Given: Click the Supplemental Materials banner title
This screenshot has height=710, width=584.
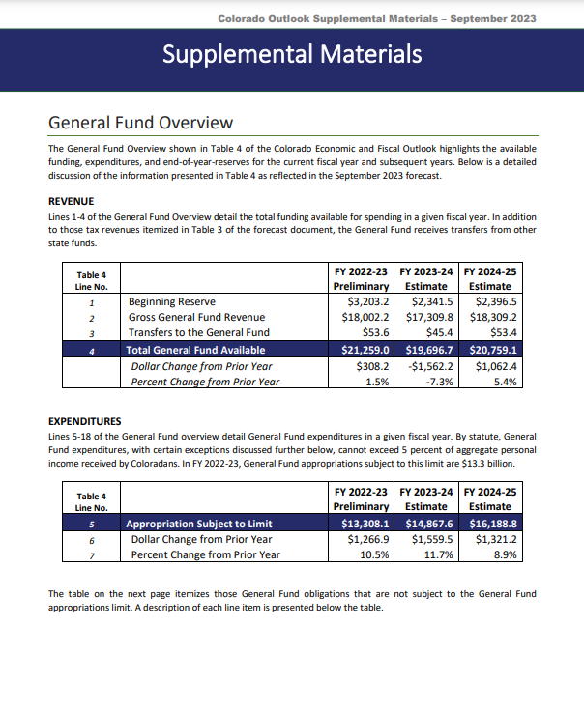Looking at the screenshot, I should click(292, 53).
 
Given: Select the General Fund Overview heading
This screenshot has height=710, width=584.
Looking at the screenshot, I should click(140, 123).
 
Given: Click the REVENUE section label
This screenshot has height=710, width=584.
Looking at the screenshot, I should click(71, 202).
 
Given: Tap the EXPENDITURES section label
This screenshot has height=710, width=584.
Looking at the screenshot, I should click(84, 421).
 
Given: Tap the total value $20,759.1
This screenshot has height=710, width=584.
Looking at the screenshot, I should click(491, 350).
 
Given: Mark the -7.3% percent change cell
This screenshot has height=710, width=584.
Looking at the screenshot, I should click(438, 382).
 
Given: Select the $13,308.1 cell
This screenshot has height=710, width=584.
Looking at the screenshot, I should click(361, 524).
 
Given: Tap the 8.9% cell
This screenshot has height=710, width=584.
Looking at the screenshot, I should click(504, 554).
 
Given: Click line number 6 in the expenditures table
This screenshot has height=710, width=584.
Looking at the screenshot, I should click(91, 539).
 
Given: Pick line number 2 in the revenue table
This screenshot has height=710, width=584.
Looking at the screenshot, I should click(91, 318).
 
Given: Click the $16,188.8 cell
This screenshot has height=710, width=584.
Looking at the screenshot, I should click(491, 524).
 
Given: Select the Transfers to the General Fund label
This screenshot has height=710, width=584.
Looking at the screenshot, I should click(198, 333).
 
